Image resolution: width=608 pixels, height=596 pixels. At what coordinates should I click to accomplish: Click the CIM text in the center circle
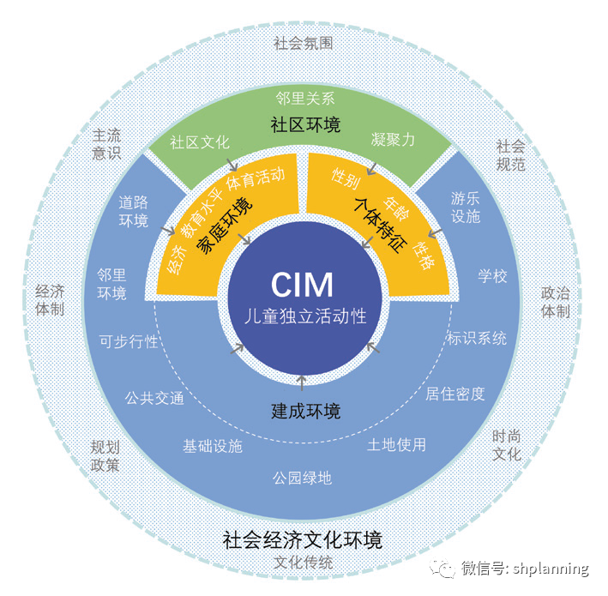coord(302,284)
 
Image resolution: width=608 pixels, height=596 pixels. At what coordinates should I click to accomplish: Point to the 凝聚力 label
coord(393,140)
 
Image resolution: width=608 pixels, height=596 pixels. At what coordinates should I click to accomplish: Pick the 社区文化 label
coord(200,141)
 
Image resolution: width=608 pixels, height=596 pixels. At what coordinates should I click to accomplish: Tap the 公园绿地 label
coord(302,478)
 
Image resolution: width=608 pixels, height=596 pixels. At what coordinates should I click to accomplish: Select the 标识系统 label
coord(476,338)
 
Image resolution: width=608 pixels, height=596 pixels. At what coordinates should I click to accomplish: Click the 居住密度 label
coord(455,394)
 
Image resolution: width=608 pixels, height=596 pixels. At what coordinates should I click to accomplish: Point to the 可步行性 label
coord(129,340)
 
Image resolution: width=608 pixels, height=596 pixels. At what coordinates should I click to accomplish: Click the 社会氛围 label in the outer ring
coord(303,43)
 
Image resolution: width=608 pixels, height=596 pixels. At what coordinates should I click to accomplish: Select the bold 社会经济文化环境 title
coord(302,540)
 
